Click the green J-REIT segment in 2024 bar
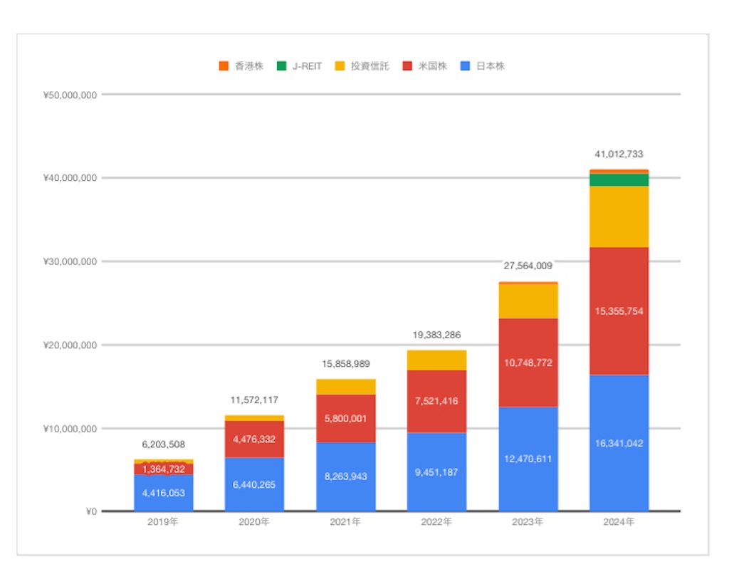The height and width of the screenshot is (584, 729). click(619, 180)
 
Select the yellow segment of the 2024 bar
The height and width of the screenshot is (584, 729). click(619, 217)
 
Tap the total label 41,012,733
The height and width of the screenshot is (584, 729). click(619, 154)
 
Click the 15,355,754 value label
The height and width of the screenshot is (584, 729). click(619, 311)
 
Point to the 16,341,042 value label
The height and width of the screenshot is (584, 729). click(619, 443)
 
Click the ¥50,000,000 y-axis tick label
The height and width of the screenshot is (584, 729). click(70, 95)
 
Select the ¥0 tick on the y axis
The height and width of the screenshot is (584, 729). click(91, 511)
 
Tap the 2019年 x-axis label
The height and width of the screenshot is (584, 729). click(163, 522)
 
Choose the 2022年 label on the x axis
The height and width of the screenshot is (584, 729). click(436, 522)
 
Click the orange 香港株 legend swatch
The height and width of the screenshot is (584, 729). click(224, 66)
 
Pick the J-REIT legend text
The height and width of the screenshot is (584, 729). click(307, 66)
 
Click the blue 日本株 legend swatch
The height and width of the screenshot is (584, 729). click(465, 66)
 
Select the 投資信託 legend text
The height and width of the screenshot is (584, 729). click(369, 66)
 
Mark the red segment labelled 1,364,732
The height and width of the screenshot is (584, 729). click(164, 469)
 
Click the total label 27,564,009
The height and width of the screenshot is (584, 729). click(528, 266)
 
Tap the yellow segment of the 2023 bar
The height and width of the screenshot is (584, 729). click(528, 301)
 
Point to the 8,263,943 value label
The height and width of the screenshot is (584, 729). click(345, 476)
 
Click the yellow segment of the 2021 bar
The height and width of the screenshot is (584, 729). click(346, 387)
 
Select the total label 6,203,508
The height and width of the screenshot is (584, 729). click(163, 444)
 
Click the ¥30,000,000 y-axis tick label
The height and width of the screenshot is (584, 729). click(70, 261)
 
